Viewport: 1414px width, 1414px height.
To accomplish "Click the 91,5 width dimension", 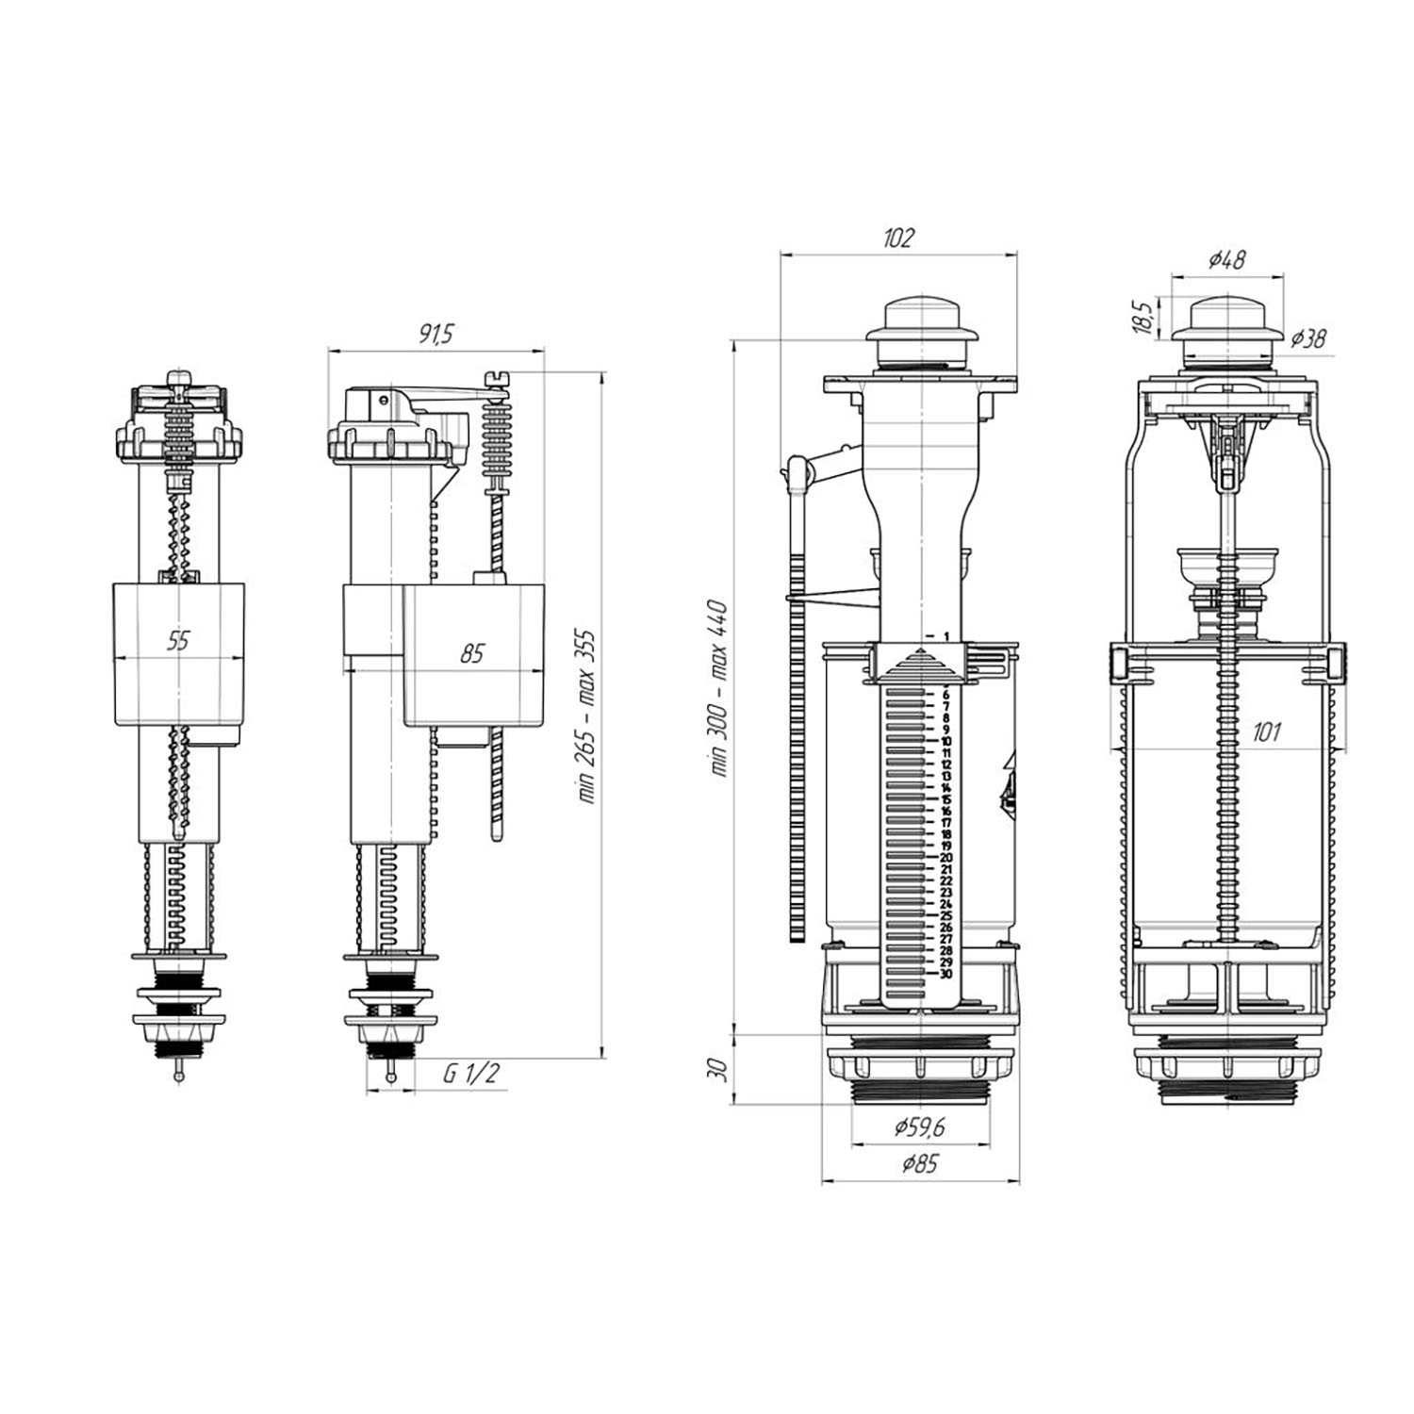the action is (x=436, y=334).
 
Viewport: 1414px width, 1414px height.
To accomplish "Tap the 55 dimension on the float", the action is (x=178, y=641).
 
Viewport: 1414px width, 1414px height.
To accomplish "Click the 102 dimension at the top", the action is (x=898, y=238).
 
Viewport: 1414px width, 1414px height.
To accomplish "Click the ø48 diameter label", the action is (x=1226, y=258).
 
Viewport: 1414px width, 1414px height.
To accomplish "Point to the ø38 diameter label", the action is (x=1308, y=337).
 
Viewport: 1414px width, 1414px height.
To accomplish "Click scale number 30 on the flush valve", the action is (x=945, y=974).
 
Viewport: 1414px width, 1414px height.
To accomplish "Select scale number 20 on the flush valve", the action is (x=945, y=857).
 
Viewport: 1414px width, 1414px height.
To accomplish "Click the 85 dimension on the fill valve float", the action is (x=471, y=652).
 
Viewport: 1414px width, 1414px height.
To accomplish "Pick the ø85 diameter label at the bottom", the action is (x=920, y=1163).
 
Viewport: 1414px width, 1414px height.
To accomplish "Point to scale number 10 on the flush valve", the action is (x=945, y=741).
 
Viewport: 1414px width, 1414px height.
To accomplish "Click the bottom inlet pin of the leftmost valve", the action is (x=178, y=1076).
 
